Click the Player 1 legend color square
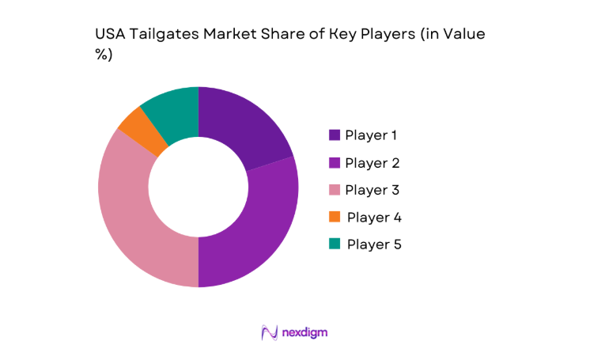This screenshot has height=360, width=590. (335, 135)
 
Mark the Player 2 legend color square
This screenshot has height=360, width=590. (335, 163)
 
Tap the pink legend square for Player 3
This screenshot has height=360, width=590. (335, 190)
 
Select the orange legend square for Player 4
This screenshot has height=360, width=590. (335, 217)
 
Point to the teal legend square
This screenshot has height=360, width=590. (335, 244)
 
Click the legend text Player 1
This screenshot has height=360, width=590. (371, 135)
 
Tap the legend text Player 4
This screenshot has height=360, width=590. (374, 217)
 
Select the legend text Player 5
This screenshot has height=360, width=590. (374, 244)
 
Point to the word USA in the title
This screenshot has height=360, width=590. (109, 35)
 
